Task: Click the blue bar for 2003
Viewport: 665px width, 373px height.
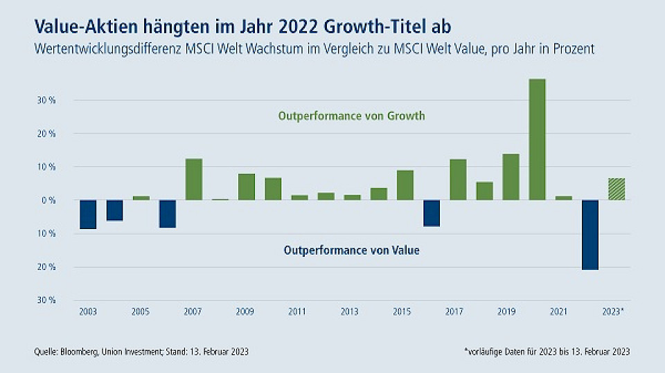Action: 88,214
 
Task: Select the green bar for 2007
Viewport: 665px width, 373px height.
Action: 194,179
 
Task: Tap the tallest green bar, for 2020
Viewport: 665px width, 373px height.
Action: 538,139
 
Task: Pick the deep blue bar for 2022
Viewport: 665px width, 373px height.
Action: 590,235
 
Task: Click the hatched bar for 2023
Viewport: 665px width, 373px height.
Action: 617,189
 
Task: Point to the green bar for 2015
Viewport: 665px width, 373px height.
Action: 405,185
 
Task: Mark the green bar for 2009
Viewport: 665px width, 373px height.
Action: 247,187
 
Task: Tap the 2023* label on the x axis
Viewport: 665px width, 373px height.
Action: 614,311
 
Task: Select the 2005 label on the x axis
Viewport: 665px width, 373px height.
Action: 141,311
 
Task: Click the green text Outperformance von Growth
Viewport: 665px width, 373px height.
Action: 351,116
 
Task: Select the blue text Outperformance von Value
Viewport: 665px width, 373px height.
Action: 351,251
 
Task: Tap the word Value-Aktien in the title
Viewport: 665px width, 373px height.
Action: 78,26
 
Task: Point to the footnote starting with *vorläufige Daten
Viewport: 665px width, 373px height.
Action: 547,352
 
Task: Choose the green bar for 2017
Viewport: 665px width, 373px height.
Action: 458,179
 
